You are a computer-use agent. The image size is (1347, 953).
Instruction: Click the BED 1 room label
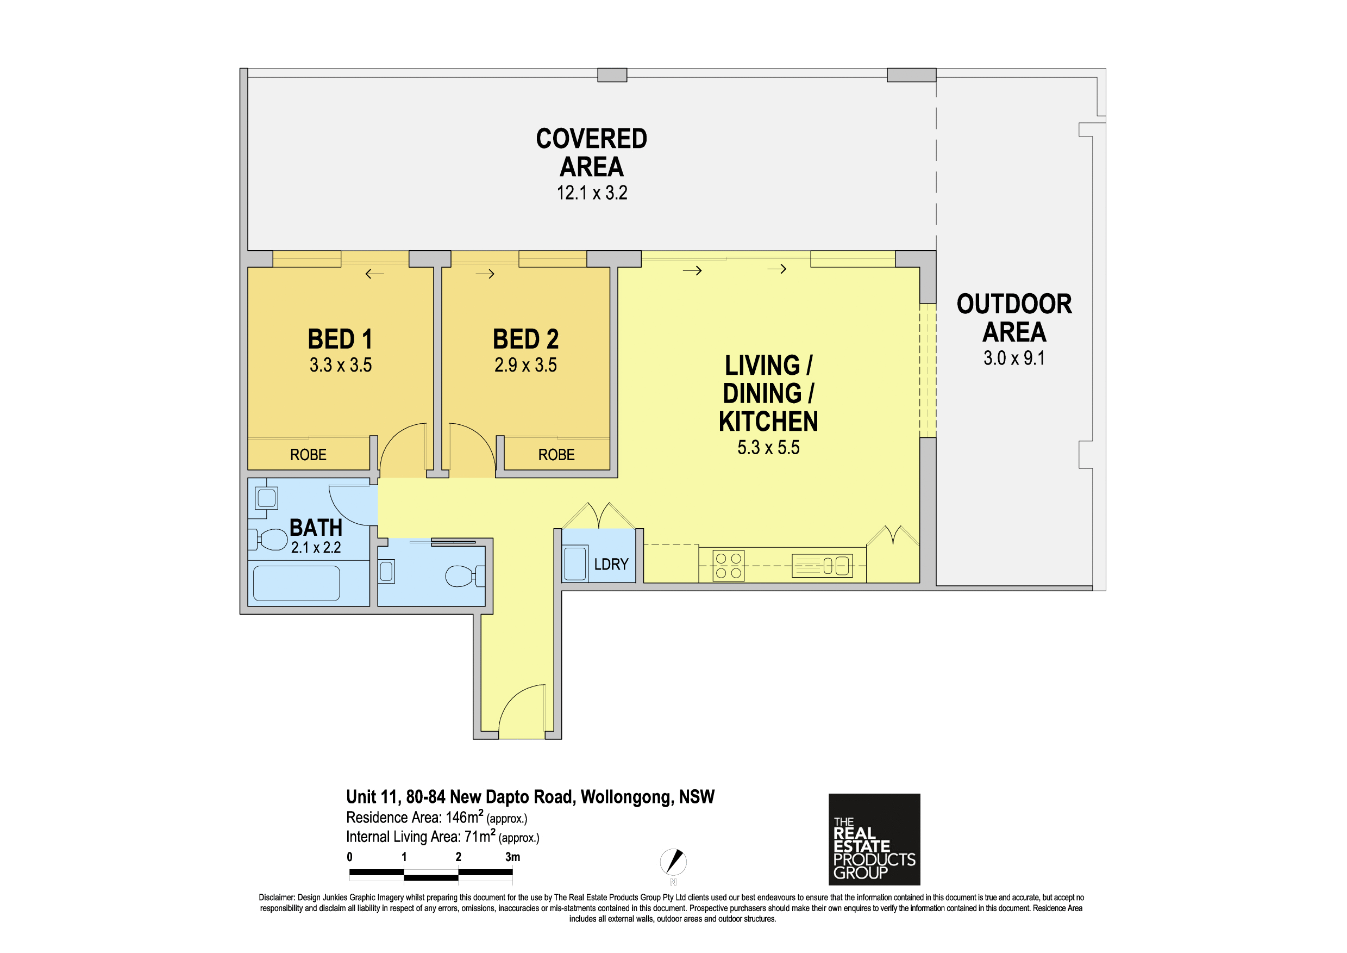tap(340, 339)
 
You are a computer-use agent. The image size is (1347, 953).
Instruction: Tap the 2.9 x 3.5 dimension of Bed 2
tap(525, 364)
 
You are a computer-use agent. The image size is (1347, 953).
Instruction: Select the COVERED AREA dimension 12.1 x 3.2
tap(592, 193)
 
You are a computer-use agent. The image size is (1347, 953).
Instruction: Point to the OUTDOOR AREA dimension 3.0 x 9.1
tap(1014, 357)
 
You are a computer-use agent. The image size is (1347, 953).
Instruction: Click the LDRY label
tap(611, 564)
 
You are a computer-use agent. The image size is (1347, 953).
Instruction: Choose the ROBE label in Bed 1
tap(308, 455)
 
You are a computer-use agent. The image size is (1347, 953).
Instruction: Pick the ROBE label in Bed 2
tap(556, 455)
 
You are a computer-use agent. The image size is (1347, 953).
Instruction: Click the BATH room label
tap(316, 527)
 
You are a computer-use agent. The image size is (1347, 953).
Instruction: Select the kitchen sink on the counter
tap(822, 566)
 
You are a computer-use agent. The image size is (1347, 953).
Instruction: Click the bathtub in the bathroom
tap(296, 583)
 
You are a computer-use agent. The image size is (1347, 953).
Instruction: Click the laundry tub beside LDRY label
tap(575, 564)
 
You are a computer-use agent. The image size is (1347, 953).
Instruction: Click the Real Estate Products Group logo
tap(874, 839)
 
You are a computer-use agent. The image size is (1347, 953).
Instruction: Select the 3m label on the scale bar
tap(513, 857)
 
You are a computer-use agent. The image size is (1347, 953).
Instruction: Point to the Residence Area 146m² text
tap(436, 818)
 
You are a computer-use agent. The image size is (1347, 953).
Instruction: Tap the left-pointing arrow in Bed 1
tap(374, 274)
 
